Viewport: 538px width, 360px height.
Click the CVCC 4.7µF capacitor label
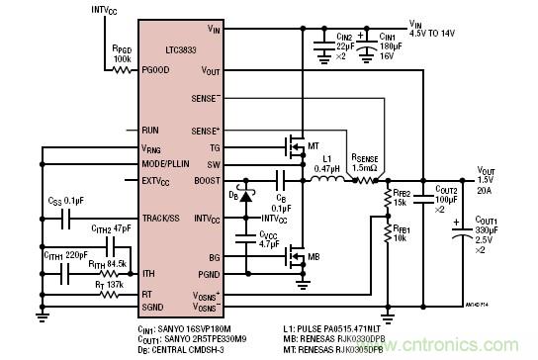(269, 236)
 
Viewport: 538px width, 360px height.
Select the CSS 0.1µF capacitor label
(66, 201)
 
